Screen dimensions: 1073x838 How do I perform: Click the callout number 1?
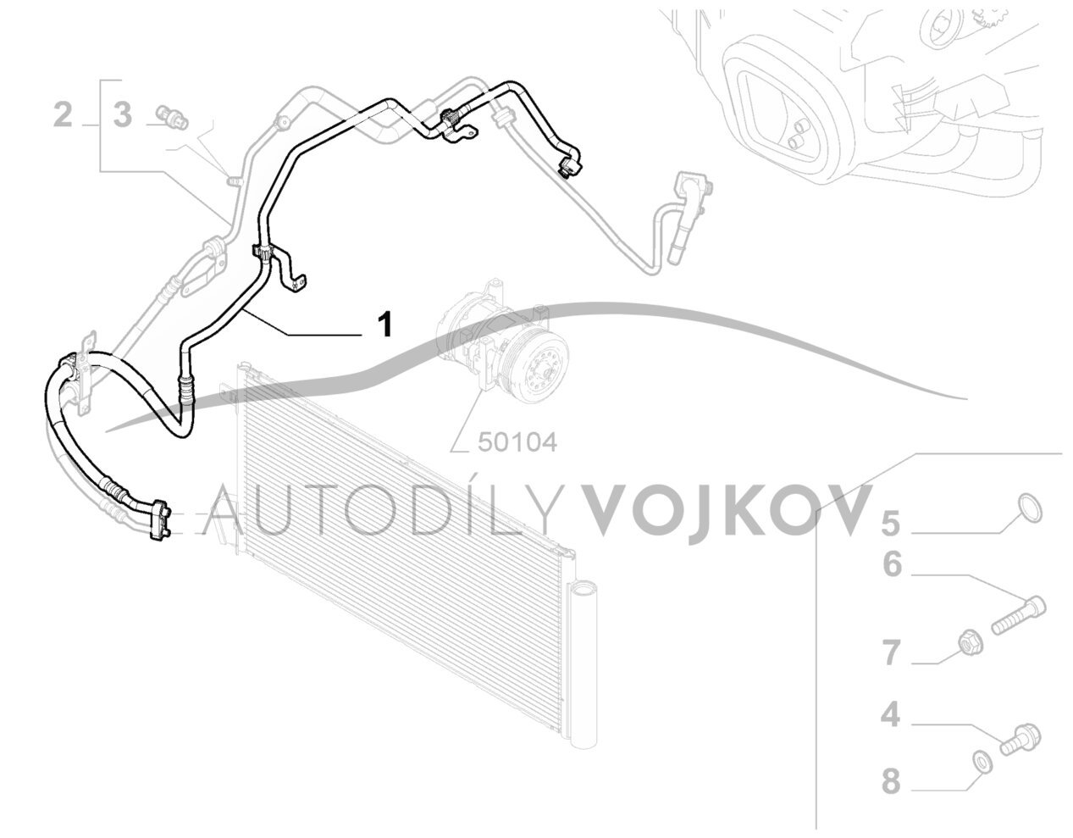384,325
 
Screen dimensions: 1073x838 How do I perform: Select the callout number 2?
63,114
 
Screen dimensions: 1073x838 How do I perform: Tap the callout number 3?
123,114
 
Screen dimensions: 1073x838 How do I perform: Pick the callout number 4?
891,730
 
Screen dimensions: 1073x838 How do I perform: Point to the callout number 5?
891,524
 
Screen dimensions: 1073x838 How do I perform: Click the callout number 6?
892,565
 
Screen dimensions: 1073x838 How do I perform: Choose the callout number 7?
892,652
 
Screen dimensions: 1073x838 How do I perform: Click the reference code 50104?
517,443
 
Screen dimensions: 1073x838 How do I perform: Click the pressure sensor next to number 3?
172,118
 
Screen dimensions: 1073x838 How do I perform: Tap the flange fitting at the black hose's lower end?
159,523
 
